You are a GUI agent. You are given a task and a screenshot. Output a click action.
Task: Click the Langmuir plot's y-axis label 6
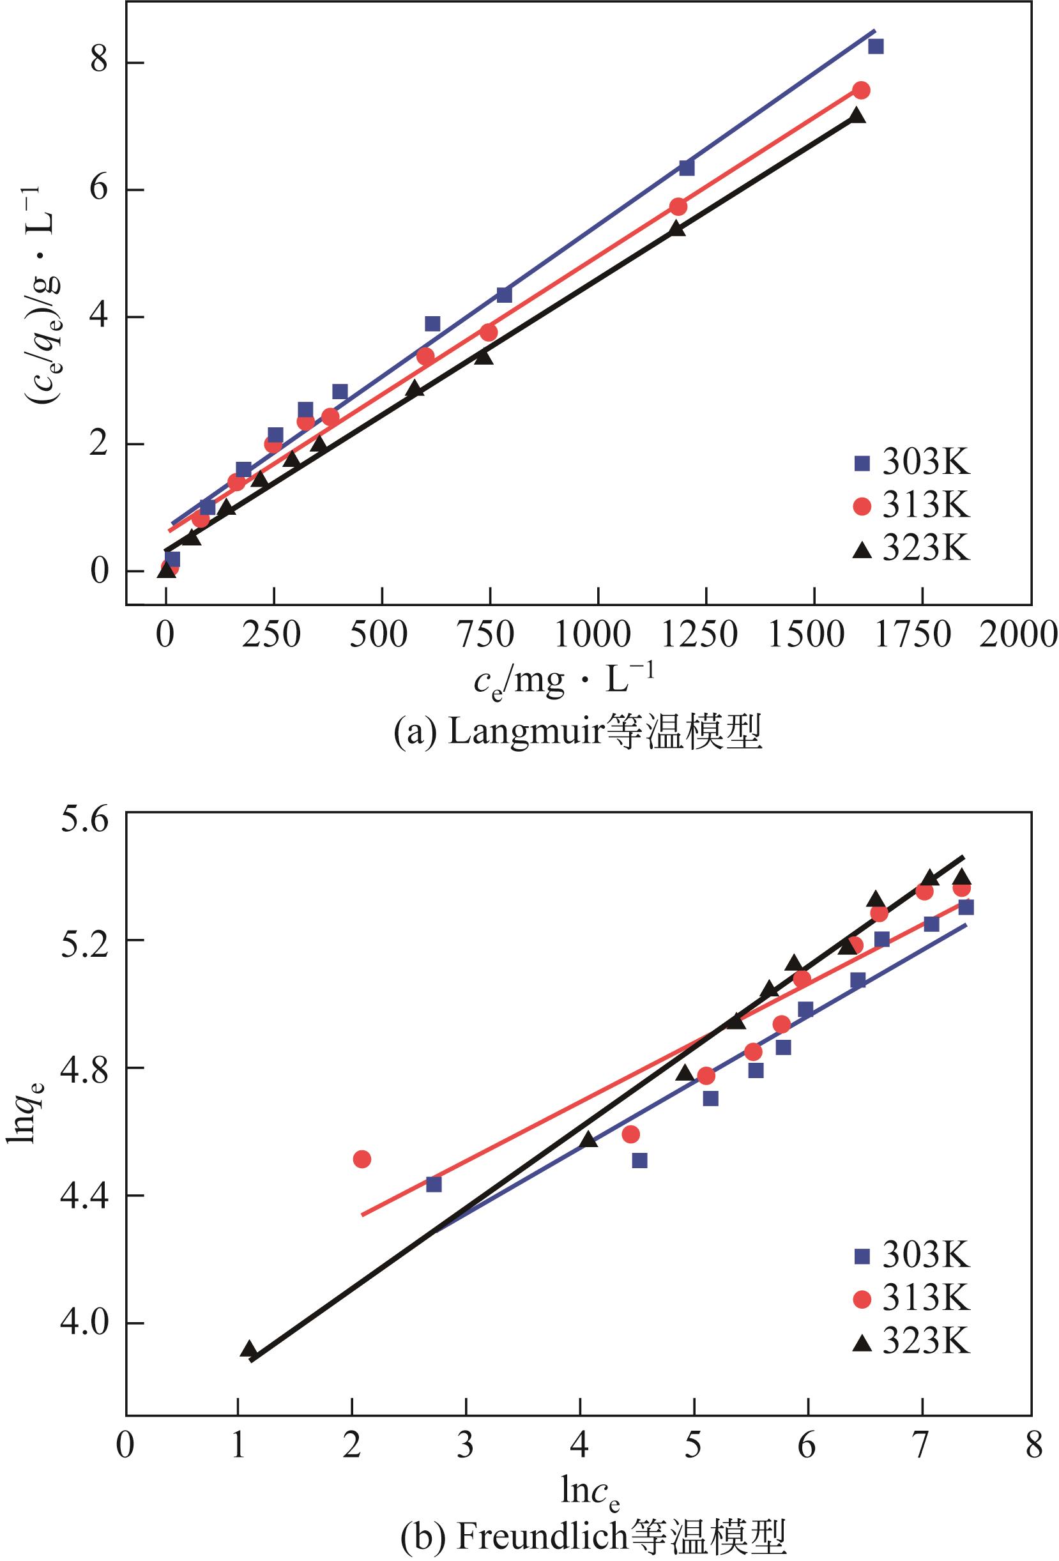(100, 191)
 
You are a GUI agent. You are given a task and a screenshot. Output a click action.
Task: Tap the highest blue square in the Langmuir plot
(876, 47)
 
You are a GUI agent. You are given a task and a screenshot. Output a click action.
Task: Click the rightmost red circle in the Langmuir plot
(862, 90)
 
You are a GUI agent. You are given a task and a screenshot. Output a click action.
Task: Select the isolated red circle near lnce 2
(362, 1159)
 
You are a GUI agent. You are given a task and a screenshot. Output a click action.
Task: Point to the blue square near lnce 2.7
(434, 1203)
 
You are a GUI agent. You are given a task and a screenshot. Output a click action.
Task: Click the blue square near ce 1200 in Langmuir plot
(686, 167)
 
